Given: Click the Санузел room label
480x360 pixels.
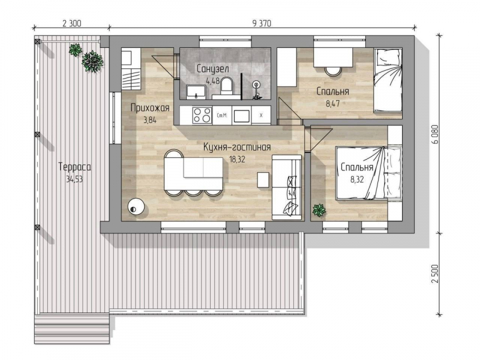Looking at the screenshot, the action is coord(212,69).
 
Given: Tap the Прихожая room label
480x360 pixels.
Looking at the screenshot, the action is coord(150,108).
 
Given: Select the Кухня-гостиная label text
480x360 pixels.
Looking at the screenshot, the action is coord(237,147).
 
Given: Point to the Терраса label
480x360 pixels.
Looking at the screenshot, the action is coord(74,167).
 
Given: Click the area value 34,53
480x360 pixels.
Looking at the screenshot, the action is coord(74,179).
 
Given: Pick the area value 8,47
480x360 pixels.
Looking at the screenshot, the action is coord(333,103).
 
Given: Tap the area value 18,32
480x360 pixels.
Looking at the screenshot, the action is coord(237,159).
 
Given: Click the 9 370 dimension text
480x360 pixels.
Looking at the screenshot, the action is coord(262,23).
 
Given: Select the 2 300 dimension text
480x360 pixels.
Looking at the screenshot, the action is coord(71,23).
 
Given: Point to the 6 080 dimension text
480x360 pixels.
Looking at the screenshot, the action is coord(436,134).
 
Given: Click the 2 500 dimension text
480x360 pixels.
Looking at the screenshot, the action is coord(436,274).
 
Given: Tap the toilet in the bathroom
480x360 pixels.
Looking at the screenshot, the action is coord(227,85).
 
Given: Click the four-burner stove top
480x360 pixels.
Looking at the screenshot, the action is coord(202,115).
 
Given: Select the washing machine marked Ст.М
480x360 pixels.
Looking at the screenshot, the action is coord(221,115).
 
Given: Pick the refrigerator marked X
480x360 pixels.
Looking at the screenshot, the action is coord(260,115).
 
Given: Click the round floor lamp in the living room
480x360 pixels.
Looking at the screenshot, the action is coord(136,207).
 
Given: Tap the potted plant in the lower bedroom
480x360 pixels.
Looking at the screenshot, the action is coord(319,211).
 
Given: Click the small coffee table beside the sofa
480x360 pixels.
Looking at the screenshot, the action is coord(263,179).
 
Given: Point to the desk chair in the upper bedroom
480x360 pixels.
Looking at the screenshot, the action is coord(333,71).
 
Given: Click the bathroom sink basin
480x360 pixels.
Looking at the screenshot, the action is coord(196,92).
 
